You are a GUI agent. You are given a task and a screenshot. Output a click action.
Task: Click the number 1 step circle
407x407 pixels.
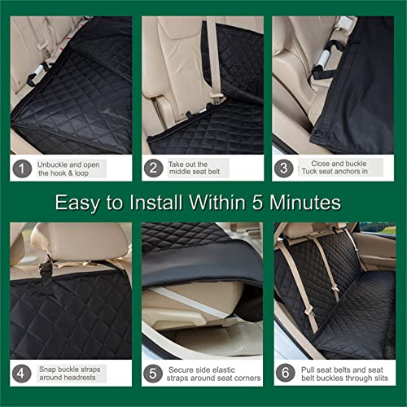coord(21,168)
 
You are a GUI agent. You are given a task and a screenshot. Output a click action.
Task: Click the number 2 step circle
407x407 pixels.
coord(152,168)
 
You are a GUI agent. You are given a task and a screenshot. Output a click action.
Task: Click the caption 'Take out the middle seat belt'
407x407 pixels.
coord(195,168)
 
